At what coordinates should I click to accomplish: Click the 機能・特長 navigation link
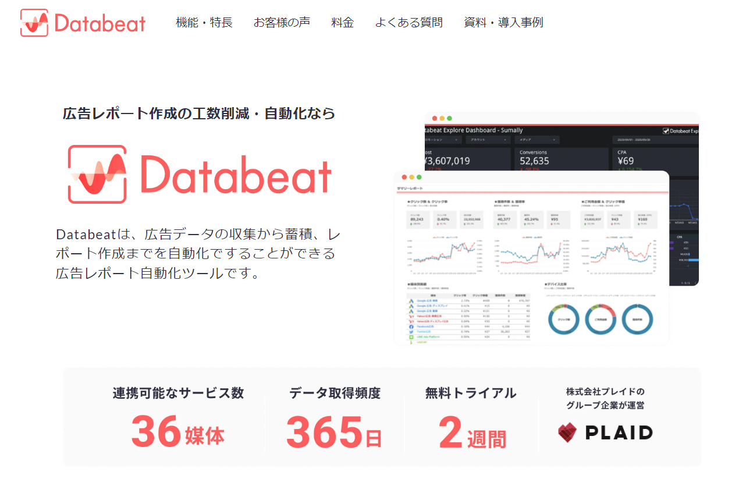tap(204, 23)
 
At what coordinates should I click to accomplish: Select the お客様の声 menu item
tap(282, 23)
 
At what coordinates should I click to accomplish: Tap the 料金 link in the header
tap(342, 23)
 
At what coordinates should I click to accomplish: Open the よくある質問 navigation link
tap(408, 23)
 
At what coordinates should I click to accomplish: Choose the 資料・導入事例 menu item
tap(503, 23)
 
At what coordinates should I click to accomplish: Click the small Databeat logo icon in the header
tap(34, 23)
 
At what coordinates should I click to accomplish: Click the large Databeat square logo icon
tap(97, 174)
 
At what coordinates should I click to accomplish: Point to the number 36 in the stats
tap(156, 431)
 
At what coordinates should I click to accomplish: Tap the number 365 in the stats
tap(324, 432)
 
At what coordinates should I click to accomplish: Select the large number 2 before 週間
tap(450, 432)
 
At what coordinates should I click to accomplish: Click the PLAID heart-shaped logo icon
tap(567, 432)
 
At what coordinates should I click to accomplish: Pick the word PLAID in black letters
tap(619, 432)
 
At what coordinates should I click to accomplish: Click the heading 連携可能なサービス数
tap(178, 393)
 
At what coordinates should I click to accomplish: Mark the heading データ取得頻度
tap(335, 393)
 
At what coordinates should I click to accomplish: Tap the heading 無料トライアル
tap(470, 393)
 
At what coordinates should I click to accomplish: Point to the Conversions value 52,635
tap(534, 161)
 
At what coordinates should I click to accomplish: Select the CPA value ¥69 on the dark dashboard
tap(626, 161)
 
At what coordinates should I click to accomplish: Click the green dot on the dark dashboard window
tap(449, 118)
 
